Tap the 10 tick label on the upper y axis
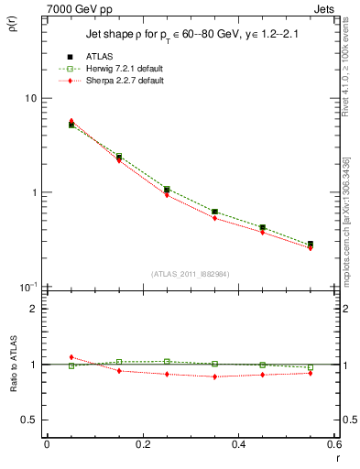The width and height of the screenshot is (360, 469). click(31, 99)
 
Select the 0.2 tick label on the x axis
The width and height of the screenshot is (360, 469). click(142, 445)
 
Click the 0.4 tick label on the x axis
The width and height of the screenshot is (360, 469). click(238, 445)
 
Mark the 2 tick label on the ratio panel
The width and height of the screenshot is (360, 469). click(35, 309)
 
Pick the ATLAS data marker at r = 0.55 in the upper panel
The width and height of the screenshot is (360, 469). click(311, 245)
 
